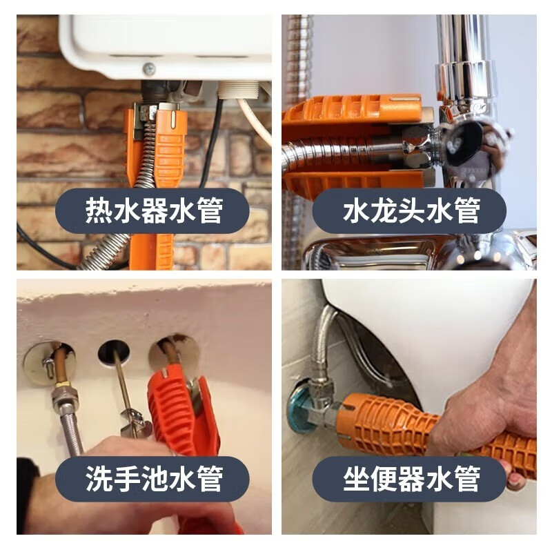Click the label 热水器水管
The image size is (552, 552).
pos(153,210)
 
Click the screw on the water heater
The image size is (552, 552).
pos(148,68)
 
